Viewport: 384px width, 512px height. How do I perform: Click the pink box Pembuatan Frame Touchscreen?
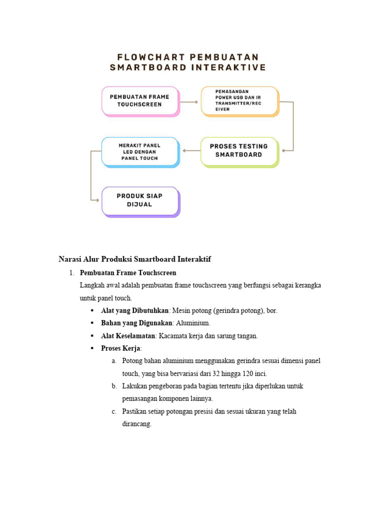(139, 100)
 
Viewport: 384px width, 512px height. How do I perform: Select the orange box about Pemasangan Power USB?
(239, 100)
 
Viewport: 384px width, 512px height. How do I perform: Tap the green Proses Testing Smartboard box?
(239, 150)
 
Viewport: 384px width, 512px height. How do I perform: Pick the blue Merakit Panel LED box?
(139, 151)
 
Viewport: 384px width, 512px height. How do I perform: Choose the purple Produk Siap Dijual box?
(140, 200)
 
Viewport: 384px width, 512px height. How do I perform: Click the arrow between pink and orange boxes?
(188, 101)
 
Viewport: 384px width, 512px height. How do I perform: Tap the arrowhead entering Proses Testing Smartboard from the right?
(284, 150)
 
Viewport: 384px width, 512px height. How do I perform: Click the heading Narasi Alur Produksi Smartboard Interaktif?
(134, 259)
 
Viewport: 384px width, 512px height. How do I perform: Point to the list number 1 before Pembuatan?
(71, 273)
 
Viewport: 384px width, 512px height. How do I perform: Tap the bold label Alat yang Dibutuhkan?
(134, 310)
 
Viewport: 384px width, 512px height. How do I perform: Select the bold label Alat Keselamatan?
(128, 336)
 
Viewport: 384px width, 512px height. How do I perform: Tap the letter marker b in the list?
(114, 386)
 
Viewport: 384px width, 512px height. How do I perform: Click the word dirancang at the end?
(136, 424)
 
